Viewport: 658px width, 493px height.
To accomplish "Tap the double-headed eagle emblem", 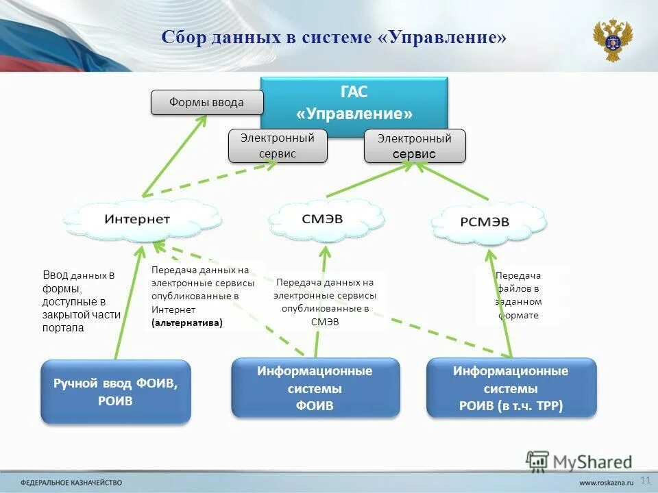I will pyautogui.click(x=612, y=40).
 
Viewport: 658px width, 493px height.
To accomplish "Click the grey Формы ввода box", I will pyautogui.click(x=207, y=103).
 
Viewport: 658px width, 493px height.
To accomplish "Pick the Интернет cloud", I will pyautogui.click(x=138, y=219).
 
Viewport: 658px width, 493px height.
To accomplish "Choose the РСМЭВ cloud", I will pyautogui.click(x=490, y=222).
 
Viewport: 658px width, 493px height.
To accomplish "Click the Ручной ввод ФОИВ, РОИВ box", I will pyautogui.click(x=116, y=392).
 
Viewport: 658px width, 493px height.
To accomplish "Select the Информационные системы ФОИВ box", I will pyautogui.click(x=315, y=388).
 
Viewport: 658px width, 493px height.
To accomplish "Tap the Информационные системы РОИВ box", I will pyautogui.click(x=511, y=388).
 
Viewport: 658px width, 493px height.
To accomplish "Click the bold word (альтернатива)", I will pyautogui.click(x=187, y=322).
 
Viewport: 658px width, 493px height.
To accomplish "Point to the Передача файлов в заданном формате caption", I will pyautogui.click(x=519, y=295).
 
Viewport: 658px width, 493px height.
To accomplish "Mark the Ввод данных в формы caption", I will pyautogui.click(x=81, y=301).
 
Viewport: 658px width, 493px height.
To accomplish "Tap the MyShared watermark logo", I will pyautogui.click(x=580, y=462).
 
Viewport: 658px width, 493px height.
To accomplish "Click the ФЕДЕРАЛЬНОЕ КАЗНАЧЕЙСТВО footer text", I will pyautogui.click(x=71, y=481).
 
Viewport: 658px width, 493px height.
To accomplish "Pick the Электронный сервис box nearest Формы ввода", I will pyautogui.click(x=278, y=146).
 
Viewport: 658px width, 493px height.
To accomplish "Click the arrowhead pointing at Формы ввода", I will pyautogui.click(x=203, y=119).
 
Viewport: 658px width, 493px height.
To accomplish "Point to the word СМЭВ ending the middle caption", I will pyautogui.click(x=325, y=322).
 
